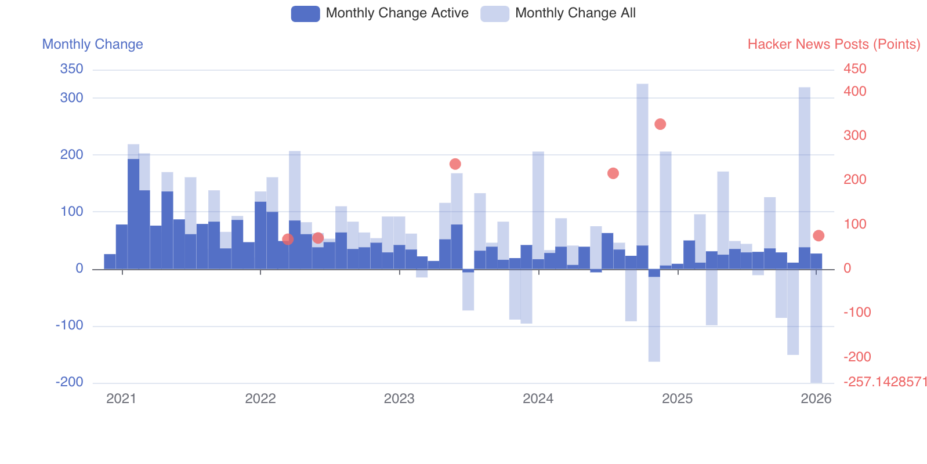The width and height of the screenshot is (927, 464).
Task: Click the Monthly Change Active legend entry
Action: pyautogui.click(x=380, y=13)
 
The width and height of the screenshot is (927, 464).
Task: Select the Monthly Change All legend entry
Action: pyautogui.click(x=558, y=13)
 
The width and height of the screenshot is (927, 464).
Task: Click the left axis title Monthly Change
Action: pyautogui.click(x=93, y=44)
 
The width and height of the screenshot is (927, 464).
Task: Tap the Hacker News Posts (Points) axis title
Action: pyautogui.click(x=834, y=44)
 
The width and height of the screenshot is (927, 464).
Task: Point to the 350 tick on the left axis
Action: pyautogui.click(x=72, y=69)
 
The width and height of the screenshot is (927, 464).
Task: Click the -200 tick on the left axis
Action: pyautogui.click(x=70, y=382)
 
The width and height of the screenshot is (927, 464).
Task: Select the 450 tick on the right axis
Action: pyautogui.click(x=854, y=69)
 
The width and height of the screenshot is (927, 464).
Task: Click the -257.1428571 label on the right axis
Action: pyautogui.click(x=885, y=382)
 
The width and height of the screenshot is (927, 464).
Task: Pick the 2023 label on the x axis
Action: pyautogui.click(x=399, y=398)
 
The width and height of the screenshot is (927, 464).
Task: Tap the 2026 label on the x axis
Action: pyautogui.click(x=816, y=398)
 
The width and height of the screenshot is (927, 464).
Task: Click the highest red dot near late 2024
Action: pyautogui.click(x=660, y=124)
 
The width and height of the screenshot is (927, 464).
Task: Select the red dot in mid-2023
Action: pyautogui.click(x=455, y=164)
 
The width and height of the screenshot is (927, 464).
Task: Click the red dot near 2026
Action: pyautogui.click(x=819, y=235)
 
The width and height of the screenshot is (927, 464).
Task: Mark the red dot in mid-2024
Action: pyautogui.click(x=613, y=173)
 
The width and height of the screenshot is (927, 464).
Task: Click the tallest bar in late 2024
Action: pyautogui.click(x=642, y=174)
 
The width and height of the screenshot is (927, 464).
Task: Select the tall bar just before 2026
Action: pyautogui.click(x=804, y=174)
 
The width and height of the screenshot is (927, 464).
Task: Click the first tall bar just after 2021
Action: pyautogui.click(x=133, y=203)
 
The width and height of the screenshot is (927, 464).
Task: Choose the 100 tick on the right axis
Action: pyautogui.click(x=854, y=224)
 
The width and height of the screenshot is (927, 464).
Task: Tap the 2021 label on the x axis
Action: pyautogui.click(x=121, y=398)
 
